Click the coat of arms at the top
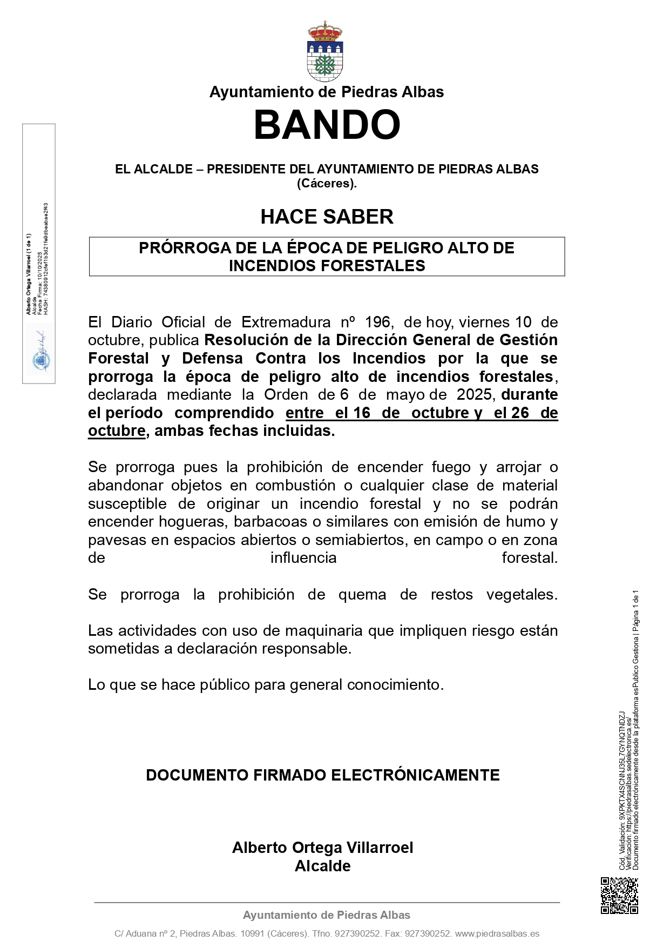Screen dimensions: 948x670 point(325,52)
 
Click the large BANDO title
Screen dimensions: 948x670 point(327,125)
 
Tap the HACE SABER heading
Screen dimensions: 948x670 point(327,217)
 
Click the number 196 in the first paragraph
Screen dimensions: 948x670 point(377,322)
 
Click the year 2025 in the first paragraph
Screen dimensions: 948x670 point(474,395)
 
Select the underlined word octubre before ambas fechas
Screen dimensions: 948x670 point(117,431)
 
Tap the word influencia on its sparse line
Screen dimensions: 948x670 point(303,558)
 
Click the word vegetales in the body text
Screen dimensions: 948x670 point(522,595)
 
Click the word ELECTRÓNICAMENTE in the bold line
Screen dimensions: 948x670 point(415,775)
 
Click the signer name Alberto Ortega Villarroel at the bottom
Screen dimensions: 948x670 point(322,848)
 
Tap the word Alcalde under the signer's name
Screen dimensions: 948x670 point(322,866)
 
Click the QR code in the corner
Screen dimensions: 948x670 point(619,896)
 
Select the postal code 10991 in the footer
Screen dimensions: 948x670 point(252,933)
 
